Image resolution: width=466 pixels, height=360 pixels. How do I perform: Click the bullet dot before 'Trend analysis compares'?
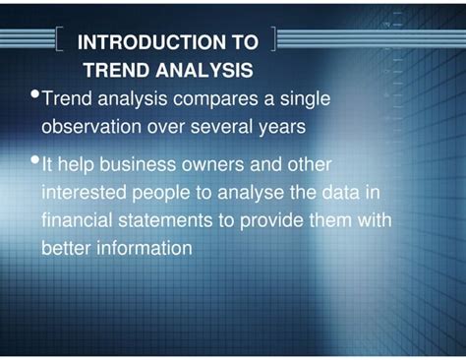(x=35, y=94)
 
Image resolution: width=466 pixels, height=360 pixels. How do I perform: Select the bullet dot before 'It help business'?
(x=35, y=159)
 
